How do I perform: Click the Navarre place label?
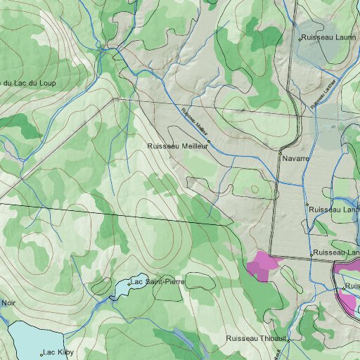coord(296,159)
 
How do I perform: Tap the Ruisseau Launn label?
coord(328,37)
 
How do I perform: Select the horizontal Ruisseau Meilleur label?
coord(177,146)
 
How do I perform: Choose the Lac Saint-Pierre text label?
coord(157,281)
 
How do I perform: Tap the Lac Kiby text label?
coord(58,352)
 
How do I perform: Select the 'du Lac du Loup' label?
coord(28,82)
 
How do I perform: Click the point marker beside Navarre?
coord(279,159)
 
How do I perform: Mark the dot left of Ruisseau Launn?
coord(300,37)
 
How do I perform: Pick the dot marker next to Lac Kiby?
coord(41,354)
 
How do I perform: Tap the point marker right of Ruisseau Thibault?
coord(286,339)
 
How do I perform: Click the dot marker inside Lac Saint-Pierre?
coord(129,283)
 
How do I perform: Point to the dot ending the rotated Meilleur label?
coord(209,141)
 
